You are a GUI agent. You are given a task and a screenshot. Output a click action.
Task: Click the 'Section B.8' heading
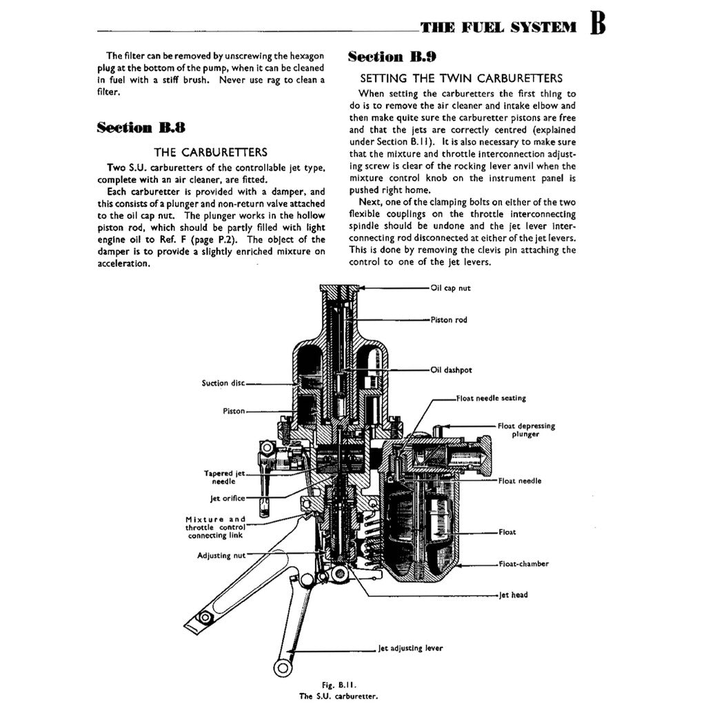[141, 128]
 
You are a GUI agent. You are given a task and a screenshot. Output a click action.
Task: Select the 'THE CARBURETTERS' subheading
[210, 152]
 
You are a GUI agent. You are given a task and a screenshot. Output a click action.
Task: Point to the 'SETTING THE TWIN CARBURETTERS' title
[461, 79]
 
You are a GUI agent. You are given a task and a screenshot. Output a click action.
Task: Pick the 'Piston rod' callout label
[450, 320]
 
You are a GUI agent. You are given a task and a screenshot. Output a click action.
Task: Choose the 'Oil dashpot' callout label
[451, 370]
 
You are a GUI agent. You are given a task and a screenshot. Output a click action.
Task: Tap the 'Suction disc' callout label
[223, 383]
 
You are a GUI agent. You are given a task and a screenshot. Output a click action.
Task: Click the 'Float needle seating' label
[491, 399]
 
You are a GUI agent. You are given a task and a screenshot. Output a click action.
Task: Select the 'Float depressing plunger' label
[525, 430]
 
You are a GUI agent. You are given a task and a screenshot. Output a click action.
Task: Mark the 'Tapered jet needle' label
[224, 477]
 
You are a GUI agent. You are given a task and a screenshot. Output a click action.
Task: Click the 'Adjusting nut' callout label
[221, 555]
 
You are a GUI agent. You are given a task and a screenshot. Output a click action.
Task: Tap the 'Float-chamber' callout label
[523, 564]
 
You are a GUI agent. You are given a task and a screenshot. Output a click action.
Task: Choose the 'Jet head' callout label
[514, 595]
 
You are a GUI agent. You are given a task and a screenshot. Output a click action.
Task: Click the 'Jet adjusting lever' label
[410, 648]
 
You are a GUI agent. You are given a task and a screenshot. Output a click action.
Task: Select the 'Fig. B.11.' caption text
[338, 685]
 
